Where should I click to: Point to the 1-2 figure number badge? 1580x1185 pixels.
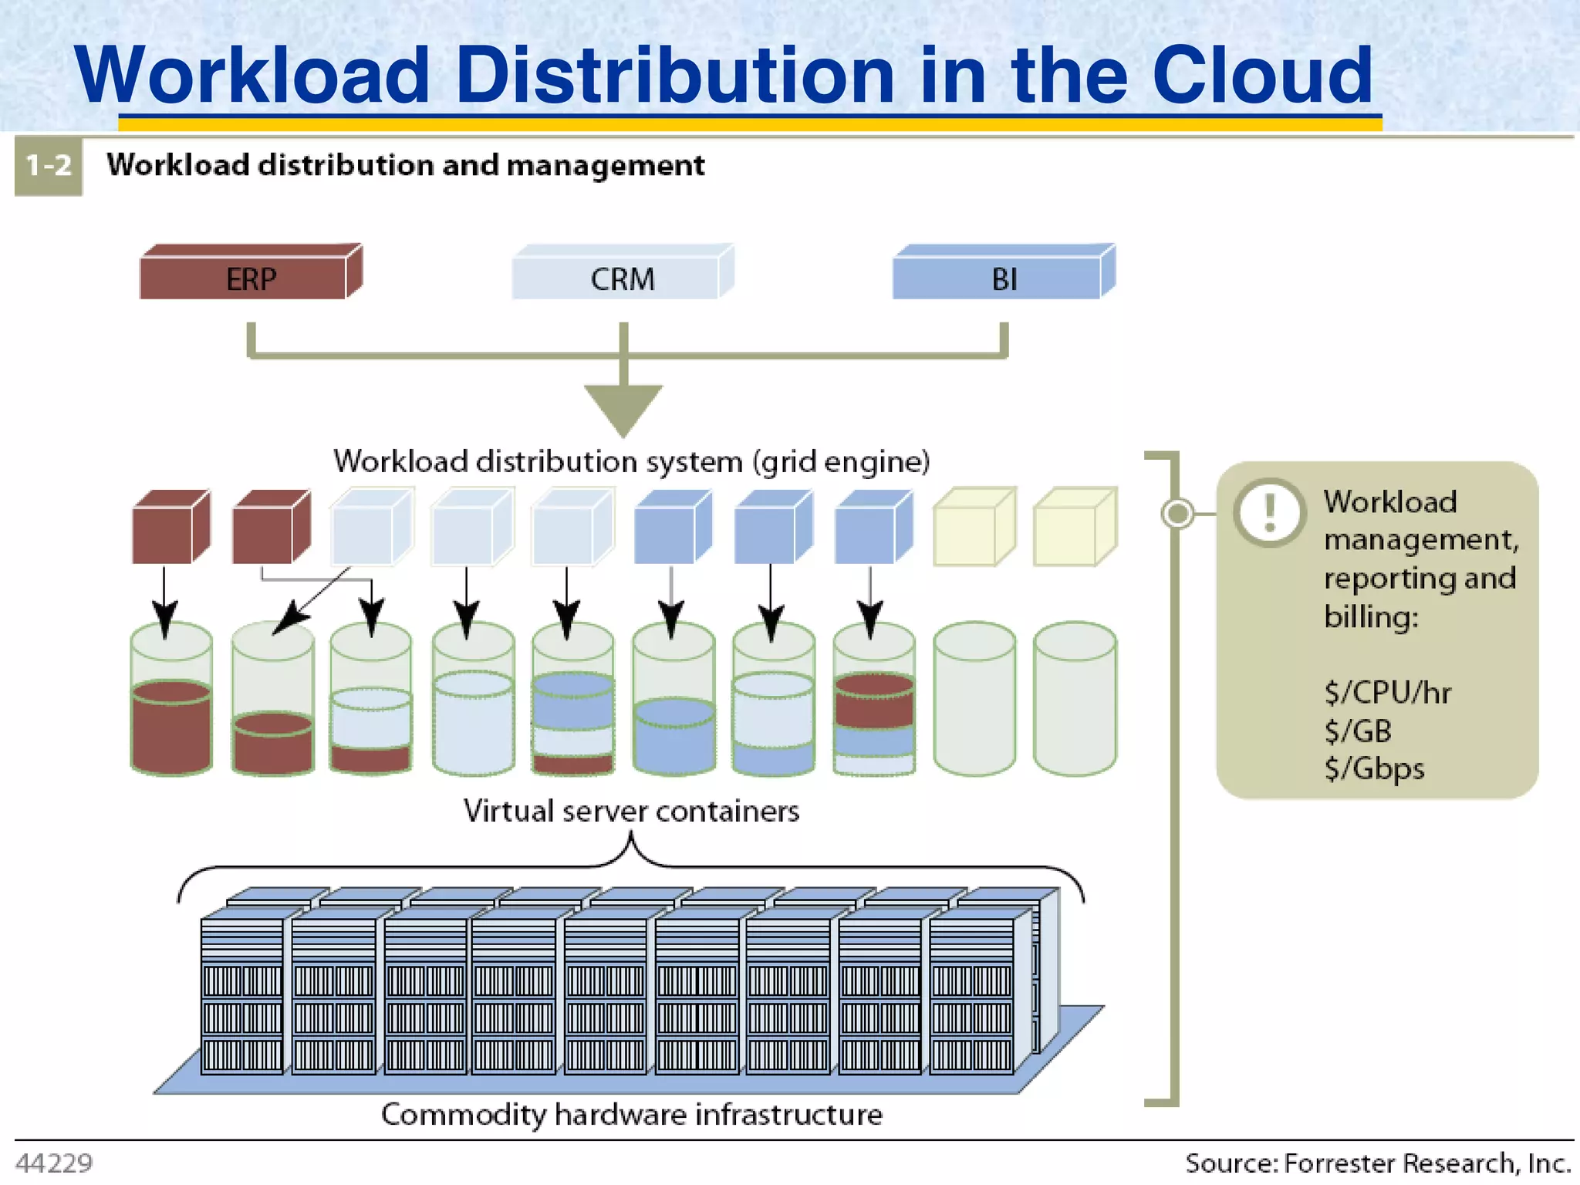[49, 166]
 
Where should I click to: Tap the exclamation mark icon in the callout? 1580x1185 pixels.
[1269, 512]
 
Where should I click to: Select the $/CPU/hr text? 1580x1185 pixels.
[1387, 692]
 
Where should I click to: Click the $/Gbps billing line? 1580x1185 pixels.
[1374, 768]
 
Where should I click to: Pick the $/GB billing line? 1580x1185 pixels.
[1358, 731]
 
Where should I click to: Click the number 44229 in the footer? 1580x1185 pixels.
[54, 1163]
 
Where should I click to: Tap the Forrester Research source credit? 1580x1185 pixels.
[1378, 1163]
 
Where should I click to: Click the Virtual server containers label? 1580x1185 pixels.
[631, 811]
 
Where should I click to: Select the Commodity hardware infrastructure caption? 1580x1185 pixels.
[631, 1114]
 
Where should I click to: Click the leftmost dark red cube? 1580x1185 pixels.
[170, 527]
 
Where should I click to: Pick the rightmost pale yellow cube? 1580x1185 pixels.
[1074, 527]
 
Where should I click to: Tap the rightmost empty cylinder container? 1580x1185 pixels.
[1075, 698]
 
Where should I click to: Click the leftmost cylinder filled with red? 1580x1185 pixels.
[171, 698]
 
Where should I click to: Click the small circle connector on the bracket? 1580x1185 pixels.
[1177, 513]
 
